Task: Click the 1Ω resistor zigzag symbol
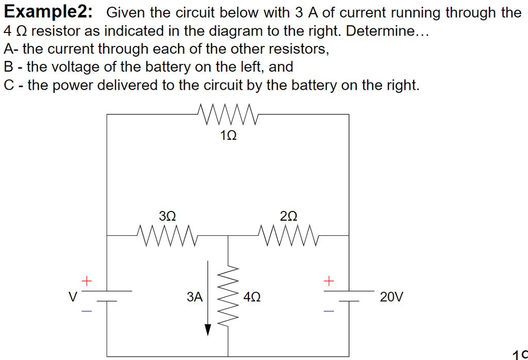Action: click(x=227, y=114)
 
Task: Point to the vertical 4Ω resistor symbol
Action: click(x=228, y=297)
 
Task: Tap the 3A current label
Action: click(x=195, y=297)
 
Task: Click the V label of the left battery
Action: click(x=73, y=297)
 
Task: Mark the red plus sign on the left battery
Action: click(x=87, y=281)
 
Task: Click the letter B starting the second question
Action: click(x=8, y=67)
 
